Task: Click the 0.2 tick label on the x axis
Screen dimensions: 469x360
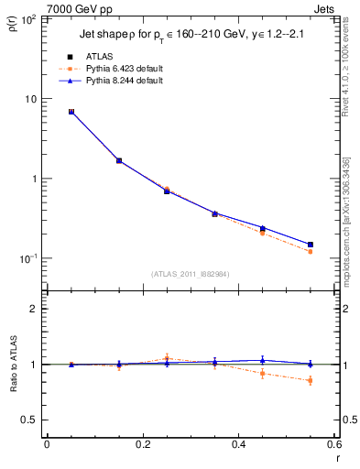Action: click(x=142, y=445)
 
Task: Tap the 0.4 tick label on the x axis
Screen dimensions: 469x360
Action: click(x=238, y=445)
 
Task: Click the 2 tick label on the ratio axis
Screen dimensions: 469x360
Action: click(x=34, y=310)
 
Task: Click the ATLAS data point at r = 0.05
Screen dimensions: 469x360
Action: click(x=71, y=112)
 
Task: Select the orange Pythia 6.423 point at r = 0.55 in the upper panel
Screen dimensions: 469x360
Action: click(x=310, y=251)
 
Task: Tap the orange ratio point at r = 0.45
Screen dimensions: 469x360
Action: click(x=262, y=373)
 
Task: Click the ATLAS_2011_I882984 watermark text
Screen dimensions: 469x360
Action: click(x=190, y=274)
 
